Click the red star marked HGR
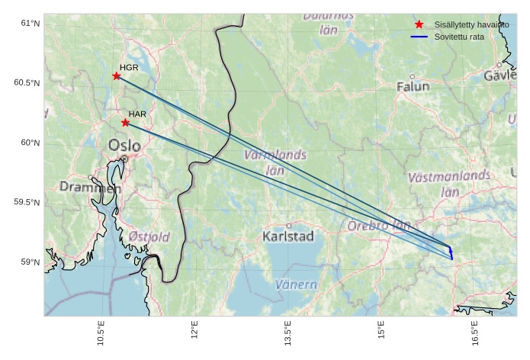coord(117,76)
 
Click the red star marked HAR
coord(125,122)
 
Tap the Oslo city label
coord(124,145)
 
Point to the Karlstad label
coord(287,236)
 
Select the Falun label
coord(413,87)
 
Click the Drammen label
coord(90,187)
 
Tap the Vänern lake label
coord(295,284)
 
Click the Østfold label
coord(149,237)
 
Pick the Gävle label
coord(500,76)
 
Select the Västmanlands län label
coord(449,183)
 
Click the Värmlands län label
coord(275,162)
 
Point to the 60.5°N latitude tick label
coord(27,82)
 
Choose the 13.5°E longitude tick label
coord(288,336)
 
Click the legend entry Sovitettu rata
coord(457,37)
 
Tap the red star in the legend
coord(419,24)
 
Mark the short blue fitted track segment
coord(451,252)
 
